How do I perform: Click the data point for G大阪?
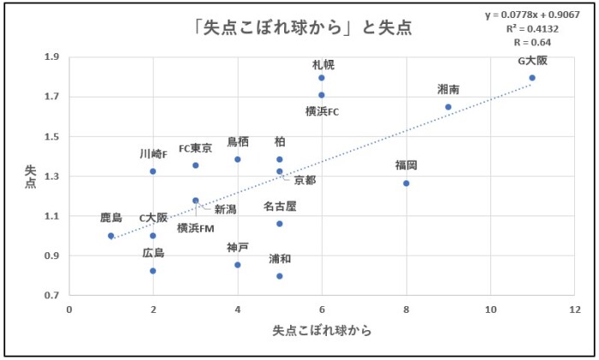point(532,78)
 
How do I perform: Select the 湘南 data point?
point(448,107)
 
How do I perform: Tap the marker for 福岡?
point(406,183)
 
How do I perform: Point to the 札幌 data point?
point(322,78)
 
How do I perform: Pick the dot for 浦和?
point(279,276)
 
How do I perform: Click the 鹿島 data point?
point(111,236)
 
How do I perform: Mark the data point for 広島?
point(153,271)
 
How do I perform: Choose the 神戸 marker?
point(237,265)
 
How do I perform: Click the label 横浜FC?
point(323,111)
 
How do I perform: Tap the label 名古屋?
point(280,206)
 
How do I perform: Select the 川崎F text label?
point(155,154)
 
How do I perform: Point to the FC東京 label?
point(196,148)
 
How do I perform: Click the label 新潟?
point(225,209)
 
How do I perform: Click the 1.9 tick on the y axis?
point(52,57)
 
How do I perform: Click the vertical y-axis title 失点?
point(29,176)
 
